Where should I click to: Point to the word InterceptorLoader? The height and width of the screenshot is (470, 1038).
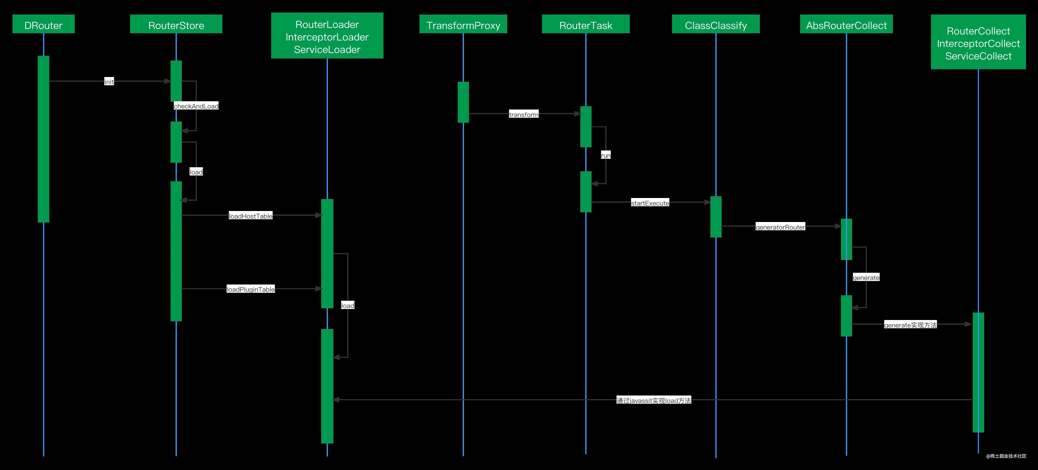(327, 37)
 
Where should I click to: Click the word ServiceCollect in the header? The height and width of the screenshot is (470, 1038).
(978, 56)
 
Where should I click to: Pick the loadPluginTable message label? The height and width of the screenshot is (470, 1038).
(251, 289)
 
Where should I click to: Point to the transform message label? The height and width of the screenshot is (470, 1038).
(524, 115)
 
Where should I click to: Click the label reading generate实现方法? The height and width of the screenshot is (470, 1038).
(910, 325)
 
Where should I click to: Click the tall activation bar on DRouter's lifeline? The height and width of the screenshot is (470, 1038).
(44, 139)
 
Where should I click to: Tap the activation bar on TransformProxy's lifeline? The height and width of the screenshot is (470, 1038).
(463, 102)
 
